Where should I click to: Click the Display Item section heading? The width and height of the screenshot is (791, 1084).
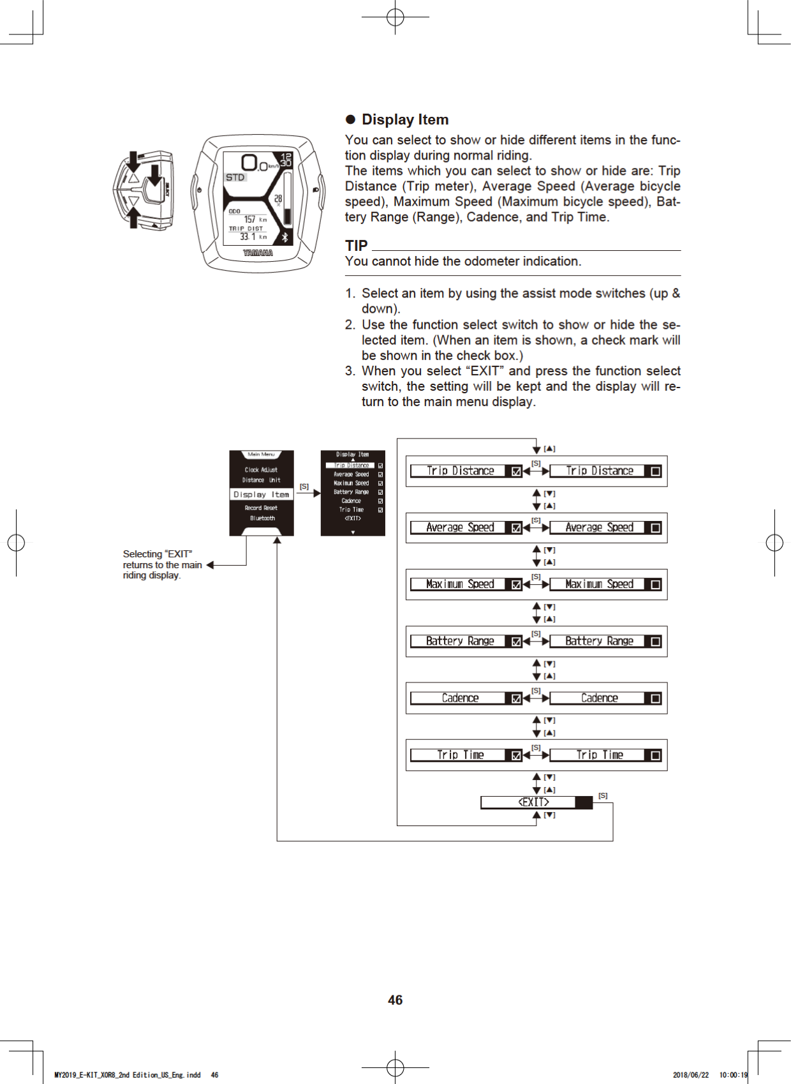404,119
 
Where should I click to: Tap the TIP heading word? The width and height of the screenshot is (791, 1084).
356,246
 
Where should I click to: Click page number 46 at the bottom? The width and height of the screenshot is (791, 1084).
395,1000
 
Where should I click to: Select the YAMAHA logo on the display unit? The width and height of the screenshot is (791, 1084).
258,253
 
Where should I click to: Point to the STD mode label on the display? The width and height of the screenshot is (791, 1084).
235,177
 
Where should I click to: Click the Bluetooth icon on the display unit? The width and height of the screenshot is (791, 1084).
285,237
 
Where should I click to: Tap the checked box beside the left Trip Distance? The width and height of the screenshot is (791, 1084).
516,471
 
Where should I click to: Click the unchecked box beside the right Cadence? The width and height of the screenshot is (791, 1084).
655,698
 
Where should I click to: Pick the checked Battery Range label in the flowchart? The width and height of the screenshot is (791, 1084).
460,641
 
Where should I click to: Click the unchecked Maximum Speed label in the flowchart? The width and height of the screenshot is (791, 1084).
599,584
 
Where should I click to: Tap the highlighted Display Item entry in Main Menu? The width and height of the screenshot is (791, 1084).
261,494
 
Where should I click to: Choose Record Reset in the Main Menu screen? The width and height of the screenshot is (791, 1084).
261,508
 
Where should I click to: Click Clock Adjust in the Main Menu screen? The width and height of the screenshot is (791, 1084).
261,469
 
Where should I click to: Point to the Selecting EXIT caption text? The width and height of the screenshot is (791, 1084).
161,564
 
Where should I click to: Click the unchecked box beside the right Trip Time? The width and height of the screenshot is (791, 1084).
655,755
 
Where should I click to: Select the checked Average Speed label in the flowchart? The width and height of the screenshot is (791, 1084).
460,527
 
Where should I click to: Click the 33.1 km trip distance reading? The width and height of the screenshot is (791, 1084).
253,237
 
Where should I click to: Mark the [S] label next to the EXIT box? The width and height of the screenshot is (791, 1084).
603,795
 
